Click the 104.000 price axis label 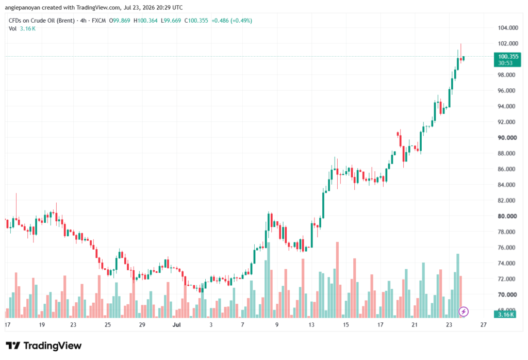click(x=508, y=28)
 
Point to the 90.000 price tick click(x=507, y=137)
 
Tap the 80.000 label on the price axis click(x=507, y=216)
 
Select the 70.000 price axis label click(x=507, y=294)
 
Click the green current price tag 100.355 click(x=507, y=59)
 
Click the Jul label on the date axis click(x=176, y=324)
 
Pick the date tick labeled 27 click(x=484, y=324)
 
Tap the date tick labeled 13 click(x=311, y=324)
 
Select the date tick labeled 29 click(x=142, y=324)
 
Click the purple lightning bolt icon click(x=464, y=312)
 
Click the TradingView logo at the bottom click(x=44, y=346)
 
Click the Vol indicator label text click(x=12, y=29)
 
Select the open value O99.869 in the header click(x=120, y=21)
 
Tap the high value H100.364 click(x=145, y=21)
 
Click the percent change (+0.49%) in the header click(x=241, y=21)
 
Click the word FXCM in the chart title click(x=98, y=21)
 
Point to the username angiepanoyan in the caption click(x=23, y=7)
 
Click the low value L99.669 click(x=171, y=21)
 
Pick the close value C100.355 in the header click(x=196, y=21)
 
